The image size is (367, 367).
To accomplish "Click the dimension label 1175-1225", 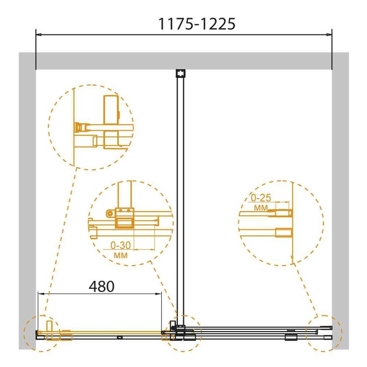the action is point(197,24).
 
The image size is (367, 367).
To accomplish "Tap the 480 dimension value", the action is point(102,286).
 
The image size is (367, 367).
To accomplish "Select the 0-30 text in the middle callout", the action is point(120,245).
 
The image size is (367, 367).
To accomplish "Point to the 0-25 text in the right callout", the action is point(261,198).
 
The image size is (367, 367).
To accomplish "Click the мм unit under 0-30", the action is point(121,255).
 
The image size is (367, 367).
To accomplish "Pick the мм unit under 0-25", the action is point(261,208).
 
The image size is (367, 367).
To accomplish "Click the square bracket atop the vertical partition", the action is point(180,73).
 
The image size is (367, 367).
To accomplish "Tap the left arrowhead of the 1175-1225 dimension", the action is point(39,34).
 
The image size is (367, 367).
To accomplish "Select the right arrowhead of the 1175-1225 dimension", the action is point(329,34).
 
